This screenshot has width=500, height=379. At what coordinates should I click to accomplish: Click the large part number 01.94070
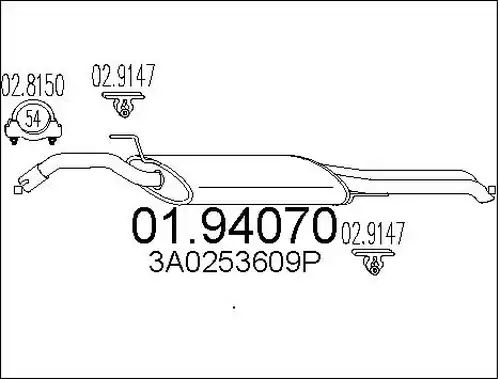point(233,225)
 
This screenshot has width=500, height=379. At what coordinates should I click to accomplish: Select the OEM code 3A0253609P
point(234,262)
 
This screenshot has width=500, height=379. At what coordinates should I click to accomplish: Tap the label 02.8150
point(33,86)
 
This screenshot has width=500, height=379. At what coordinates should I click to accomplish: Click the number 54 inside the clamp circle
point(33,119)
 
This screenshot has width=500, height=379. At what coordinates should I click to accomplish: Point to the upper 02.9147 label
point(124,76)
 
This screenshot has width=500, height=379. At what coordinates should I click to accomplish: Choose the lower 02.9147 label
point(373,233)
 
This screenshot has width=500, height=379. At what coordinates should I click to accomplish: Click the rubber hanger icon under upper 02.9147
point(124,105)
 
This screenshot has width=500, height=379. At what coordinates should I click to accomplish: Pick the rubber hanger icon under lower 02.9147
point(373,262)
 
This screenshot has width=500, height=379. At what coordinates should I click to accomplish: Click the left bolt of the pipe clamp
point(14,141)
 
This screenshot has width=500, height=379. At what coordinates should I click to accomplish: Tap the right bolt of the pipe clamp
point(52,141)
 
